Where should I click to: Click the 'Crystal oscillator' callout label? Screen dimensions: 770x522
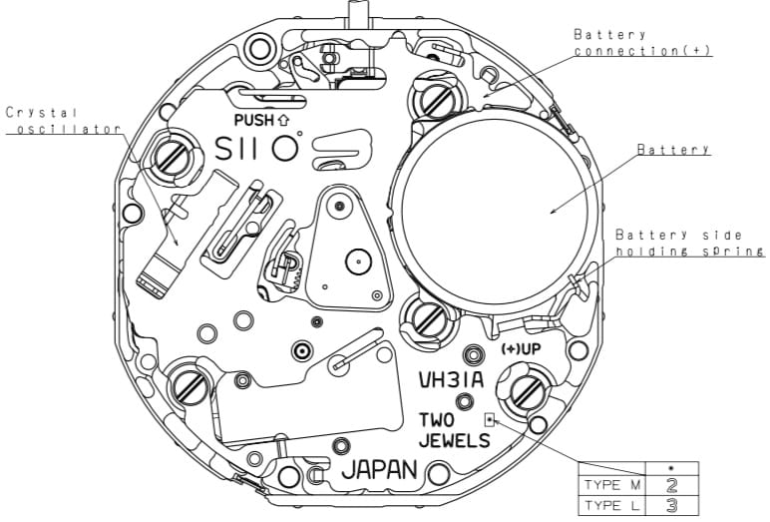(63, 121)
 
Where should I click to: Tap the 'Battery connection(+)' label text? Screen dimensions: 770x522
(642, 43)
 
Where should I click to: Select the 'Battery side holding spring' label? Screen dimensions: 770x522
(690, 243)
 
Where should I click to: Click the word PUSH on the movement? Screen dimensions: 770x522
(254, 120)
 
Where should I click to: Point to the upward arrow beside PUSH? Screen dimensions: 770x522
(283, 120)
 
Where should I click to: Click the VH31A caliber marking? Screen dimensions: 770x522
(451, 380)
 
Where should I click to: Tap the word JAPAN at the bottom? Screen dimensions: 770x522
(379, 470)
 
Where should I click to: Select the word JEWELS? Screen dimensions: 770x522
(454, 440)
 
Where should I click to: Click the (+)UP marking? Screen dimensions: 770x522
(521, 349)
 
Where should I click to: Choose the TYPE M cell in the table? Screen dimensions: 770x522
(612, 486)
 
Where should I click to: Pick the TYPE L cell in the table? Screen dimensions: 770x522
(612, 506)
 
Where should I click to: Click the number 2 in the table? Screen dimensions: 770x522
(671, 486)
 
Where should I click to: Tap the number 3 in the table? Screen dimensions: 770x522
(671, 506)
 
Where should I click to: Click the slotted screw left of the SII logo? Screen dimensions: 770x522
(171, 159)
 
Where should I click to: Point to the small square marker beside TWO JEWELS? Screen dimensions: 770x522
(489, 420)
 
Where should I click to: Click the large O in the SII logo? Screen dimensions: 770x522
(285, 148)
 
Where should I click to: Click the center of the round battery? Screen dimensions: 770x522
(495, 212)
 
